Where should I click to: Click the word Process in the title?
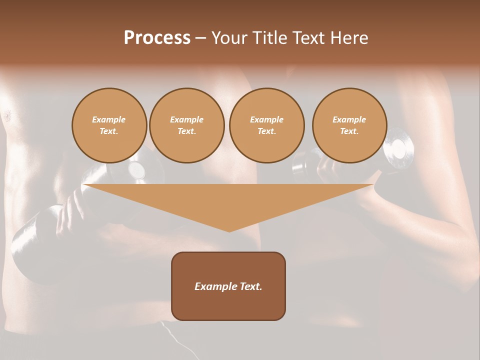tap(157, 38)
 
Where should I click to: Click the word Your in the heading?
tap(229, 38)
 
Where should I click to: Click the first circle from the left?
tap(109, 125)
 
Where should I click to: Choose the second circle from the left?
tap(187, 125)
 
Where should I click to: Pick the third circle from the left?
tap(266, 125)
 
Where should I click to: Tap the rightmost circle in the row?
tap(349, 125)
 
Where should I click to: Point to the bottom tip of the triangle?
tap(229, 231)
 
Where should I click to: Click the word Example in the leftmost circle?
tap(109, 119)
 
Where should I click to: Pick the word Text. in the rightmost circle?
tap(349, 131)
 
